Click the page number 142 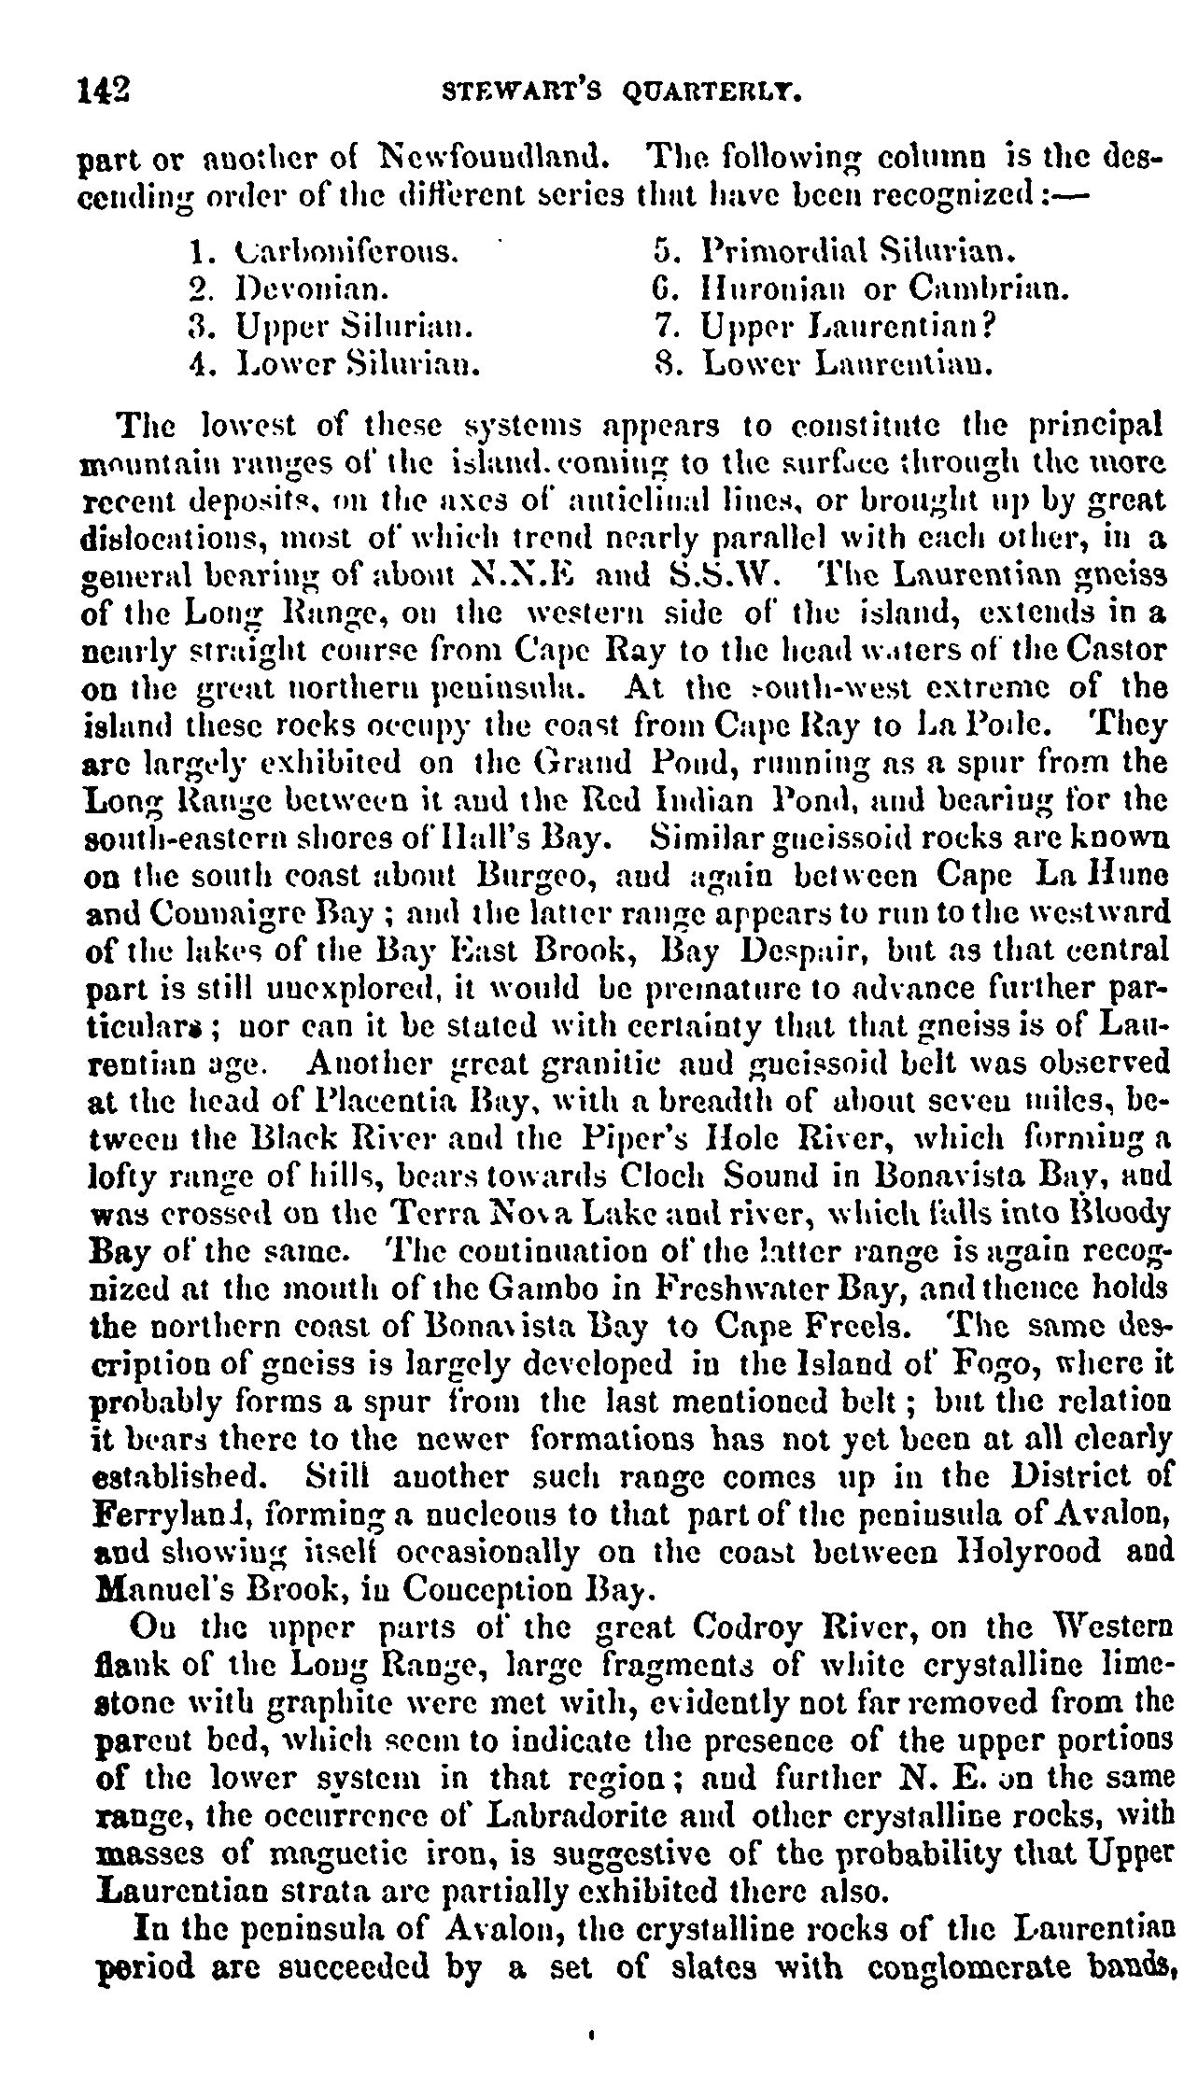click(x=105, y=92)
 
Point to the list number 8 click(x=663, y=363)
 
